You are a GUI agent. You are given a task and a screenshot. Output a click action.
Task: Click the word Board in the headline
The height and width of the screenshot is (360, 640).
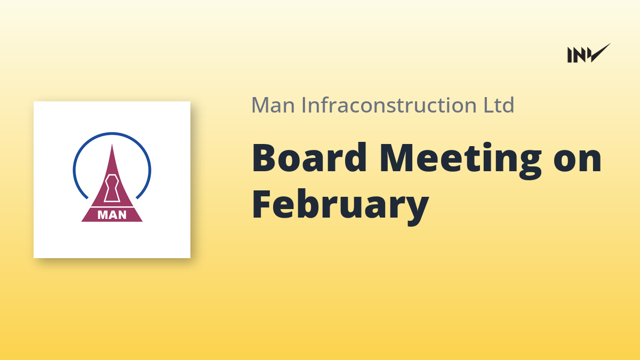coord(309,158)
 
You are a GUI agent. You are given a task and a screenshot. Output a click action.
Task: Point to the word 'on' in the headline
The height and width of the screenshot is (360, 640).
coord(578,162)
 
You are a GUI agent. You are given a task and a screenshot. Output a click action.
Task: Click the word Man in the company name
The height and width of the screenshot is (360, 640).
coord(273,105)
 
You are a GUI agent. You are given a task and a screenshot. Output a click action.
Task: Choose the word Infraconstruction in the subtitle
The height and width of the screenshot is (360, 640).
coord(389,105)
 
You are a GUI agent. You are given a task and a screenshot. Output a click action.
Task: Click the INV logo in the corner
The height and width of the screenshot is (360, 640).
coord(589,53)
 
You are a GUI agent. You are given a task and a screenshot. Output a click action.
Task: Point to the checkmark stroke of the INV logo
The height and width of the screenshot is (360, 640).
coord(601,53)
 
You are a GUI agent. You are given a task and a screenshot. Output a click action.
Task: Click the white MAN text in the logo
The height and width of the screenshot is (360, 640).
coord(112,215)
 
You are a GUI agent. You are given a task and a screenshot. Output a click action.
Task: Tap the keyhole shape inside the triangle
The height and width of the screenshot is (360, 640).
coord(111,188)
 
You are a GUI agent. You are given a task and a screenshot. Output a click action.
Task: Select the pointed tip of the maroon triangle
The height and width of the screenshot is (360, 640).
coord(112,145)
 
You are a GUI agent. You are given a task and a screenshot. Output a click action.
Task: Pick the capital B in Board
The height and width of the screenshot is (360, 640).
coord(265,158)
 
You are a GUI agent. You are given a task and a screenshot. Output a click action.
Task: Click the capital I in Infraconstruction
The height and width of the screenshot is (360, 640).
coord(304,106)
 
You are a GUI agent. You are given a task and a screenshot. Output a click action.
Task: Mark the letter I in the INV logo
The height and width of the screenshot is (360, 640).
coord(570,55)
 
